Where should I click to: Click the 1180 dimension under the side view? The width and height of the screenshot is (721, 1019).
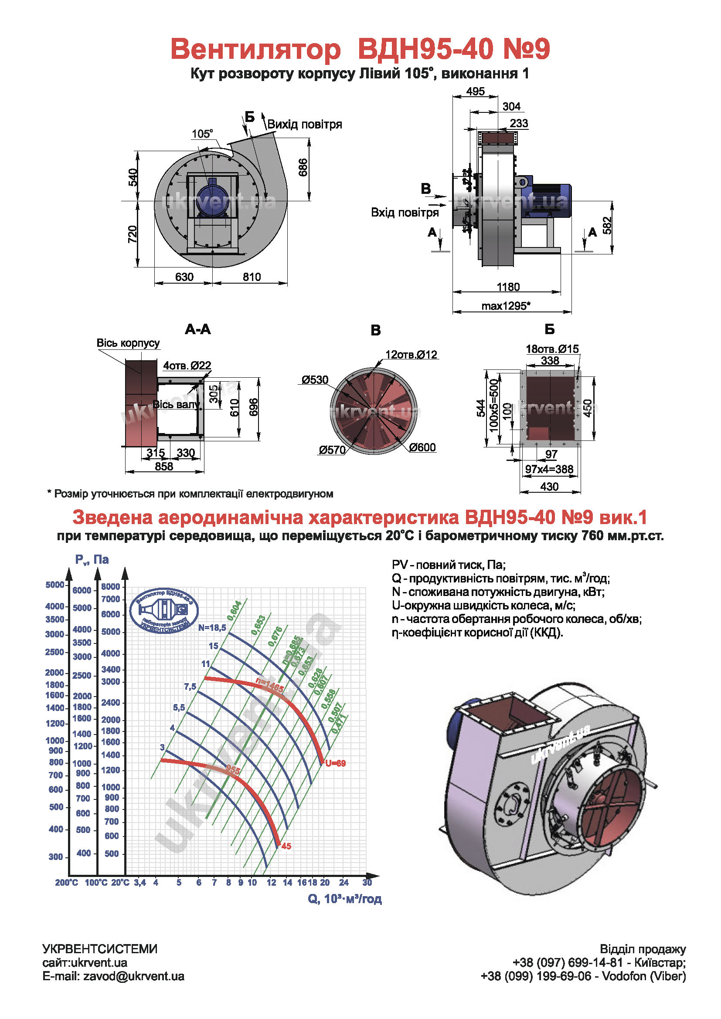coord(508,287)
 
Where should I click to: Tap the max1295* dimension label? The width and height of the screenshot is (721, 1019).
coord(506,306)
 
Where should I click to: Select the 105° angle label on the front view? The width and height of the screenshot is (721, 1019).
coord(202,134)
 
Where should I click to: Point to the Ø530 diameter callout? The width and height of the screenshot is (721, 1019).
coord(315,380)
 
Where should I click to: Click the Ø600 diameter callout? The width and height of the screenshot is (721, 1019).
coord(422,447)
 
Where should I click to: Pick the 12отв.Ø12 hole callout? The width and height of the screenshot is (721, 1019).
coord(411,355)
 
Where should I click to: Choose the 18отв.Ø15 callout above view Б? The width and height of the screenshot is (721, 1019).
coord(552,349)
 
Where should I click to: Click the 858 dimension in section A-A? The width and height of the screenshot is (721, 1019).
coord(164,467)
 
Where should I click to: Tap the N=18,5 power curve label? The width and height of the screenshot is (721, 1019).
coord(212,627)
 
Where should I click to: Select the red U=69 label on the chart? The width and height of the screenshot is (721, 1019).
coord(335,763)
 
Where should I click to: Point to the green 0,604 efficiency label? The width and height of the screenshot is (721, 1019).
coord(235,610)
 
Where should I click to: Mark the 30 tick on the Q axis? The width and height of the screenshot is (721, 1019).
coord(367,882)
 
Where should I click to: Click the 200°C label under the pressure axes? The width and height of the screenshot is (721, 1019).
coord(66,883)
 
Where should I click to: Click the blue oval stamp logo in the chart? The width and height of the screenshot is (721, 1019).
coord(164,611)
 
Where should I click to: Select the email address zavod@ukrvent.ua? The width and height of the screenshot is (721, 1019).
coord(134,976)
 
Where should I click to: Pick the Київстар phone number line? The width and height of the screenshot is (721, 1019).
coord(599,963)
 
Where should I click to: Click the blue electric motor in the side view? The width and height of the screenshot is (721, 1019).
coord(551,200)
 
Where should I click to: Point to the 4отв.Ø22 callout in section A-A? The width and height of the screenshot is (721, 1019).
coord(187,366)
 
